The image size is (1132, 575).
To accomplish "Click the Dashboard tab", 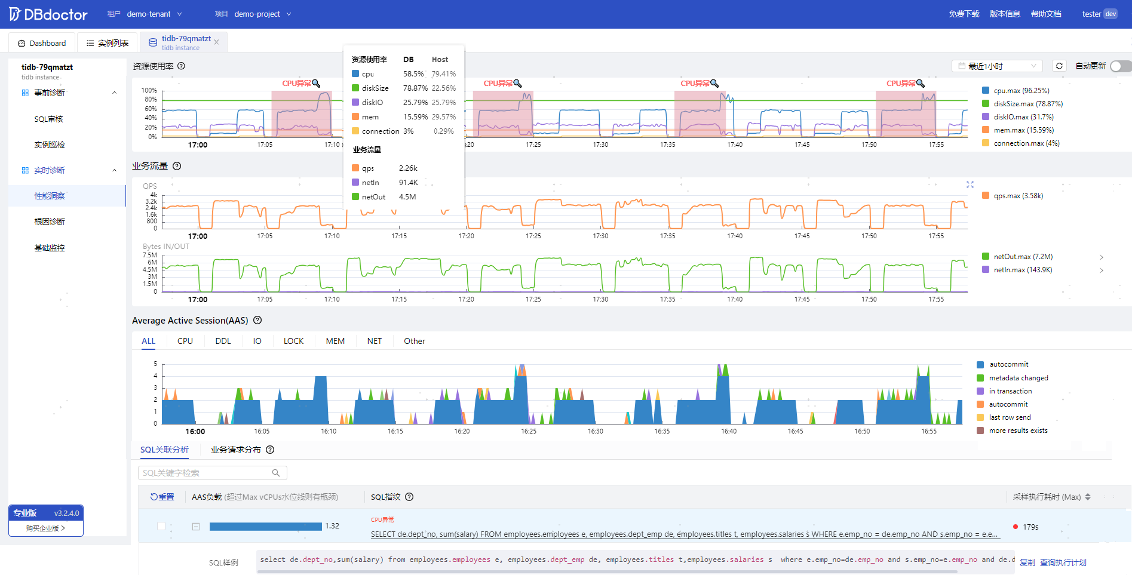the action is (x=42, y=43).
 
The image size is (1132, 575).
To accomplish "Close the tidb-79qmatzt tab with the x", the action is (x=216, y=42).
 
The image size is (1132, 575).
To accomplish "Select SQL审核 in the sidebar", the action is (x=49, y=119).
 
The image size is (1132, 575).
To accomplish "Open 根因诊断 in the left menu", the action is (x=50, y=222).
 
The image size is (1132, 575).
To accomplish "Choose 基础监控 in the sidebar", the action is (x=50, y=248).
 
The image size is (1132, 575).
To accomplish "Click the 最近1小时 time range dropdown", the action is (x=997, y=66).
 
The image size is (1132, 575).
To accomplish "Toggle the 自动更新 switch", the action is (x=1121, y=66).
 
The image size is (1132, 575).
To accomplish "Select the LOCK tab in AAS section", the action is (x=293, y=341).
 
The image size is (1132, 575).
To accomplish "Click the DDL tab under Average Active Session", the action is (x=223, y=341).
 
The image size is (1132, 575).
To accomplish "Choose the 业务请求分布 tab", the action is (x=236, y=450).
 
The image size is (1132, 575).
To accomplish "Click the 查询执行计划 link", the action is (x=1063, y=562).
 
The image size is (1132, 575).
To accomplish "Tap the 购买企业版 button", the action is (x=46, y=528).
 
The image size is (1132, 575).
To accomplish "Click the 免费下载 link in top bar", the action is (x=964, y=14).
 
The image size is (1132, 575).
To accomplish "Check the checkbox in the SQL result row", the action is (x=161, y=526).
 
